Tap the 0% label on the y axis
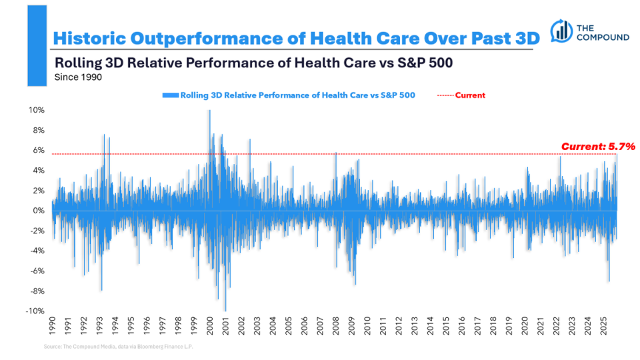click(x=39, y=211)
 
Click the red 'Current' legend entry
click(x=470, y=95)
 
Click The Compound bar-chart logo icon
click(x=562, y=31)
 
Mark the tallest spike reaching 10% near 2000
click(x=209, y=111)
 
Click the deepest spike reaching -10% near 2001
click(x=225, y=310)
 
